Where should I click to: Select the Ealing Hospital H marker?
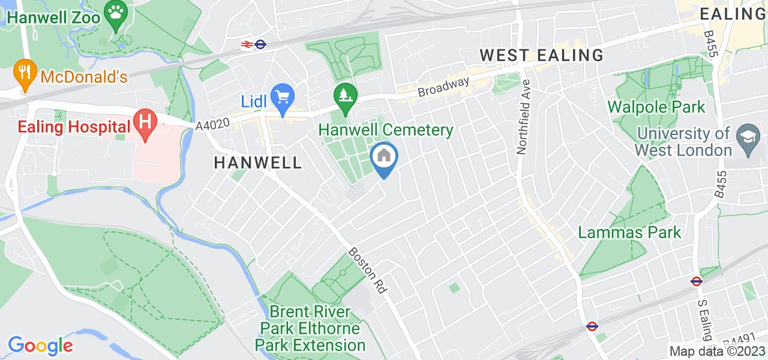coord(145,121)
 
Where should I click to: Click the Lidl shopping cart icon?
coord(281,95)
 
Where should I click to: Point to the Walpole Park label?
coord(656,107)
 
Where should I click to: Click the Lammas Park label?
coord(629,232)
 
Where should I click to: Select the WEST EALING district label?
coord(542,55)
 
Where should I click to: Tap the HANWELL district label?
coord(257,162)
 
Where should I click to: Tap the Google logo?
coord(40,346)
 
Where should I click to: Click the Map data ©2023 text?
coord(717,352)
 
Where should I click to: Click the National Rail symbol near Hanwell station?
coord(246,44)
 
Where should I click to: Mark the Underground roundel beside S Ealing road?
coord(696,280)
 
